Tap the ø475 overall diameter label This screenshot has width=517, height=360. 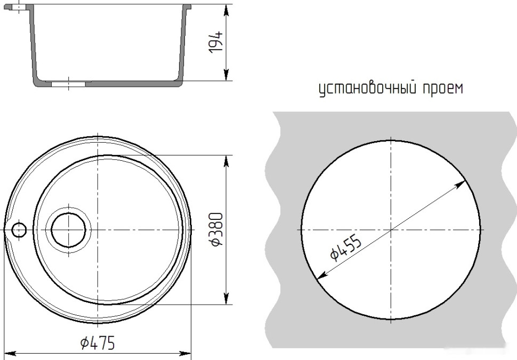[98, 343]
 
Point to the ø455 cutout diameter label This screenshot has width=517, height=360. [345, 248]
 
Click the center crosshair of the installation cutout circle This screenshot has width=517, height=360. [391, 230]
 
